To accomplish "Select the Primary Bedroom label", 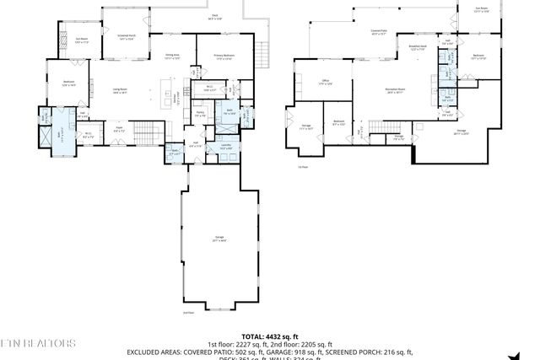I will tap(223, 57).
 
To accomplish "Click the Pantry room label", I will tap(200, 113).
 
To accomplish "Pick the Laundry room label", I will tap(226, 147).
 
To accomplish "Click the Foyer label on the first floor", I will tap(120, 131).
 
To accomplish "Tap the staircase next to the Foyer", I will tap(148, 132).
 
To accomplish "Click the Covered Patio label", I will tap(379, 34).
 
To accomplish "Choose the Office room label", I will tap(324, 83).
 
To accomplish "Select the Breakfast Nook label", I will tap(416, 48).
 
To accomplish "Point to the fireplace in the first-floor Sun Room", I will tap(62, 40).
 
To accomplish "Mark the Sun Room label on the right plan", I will tap(482, 10).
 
